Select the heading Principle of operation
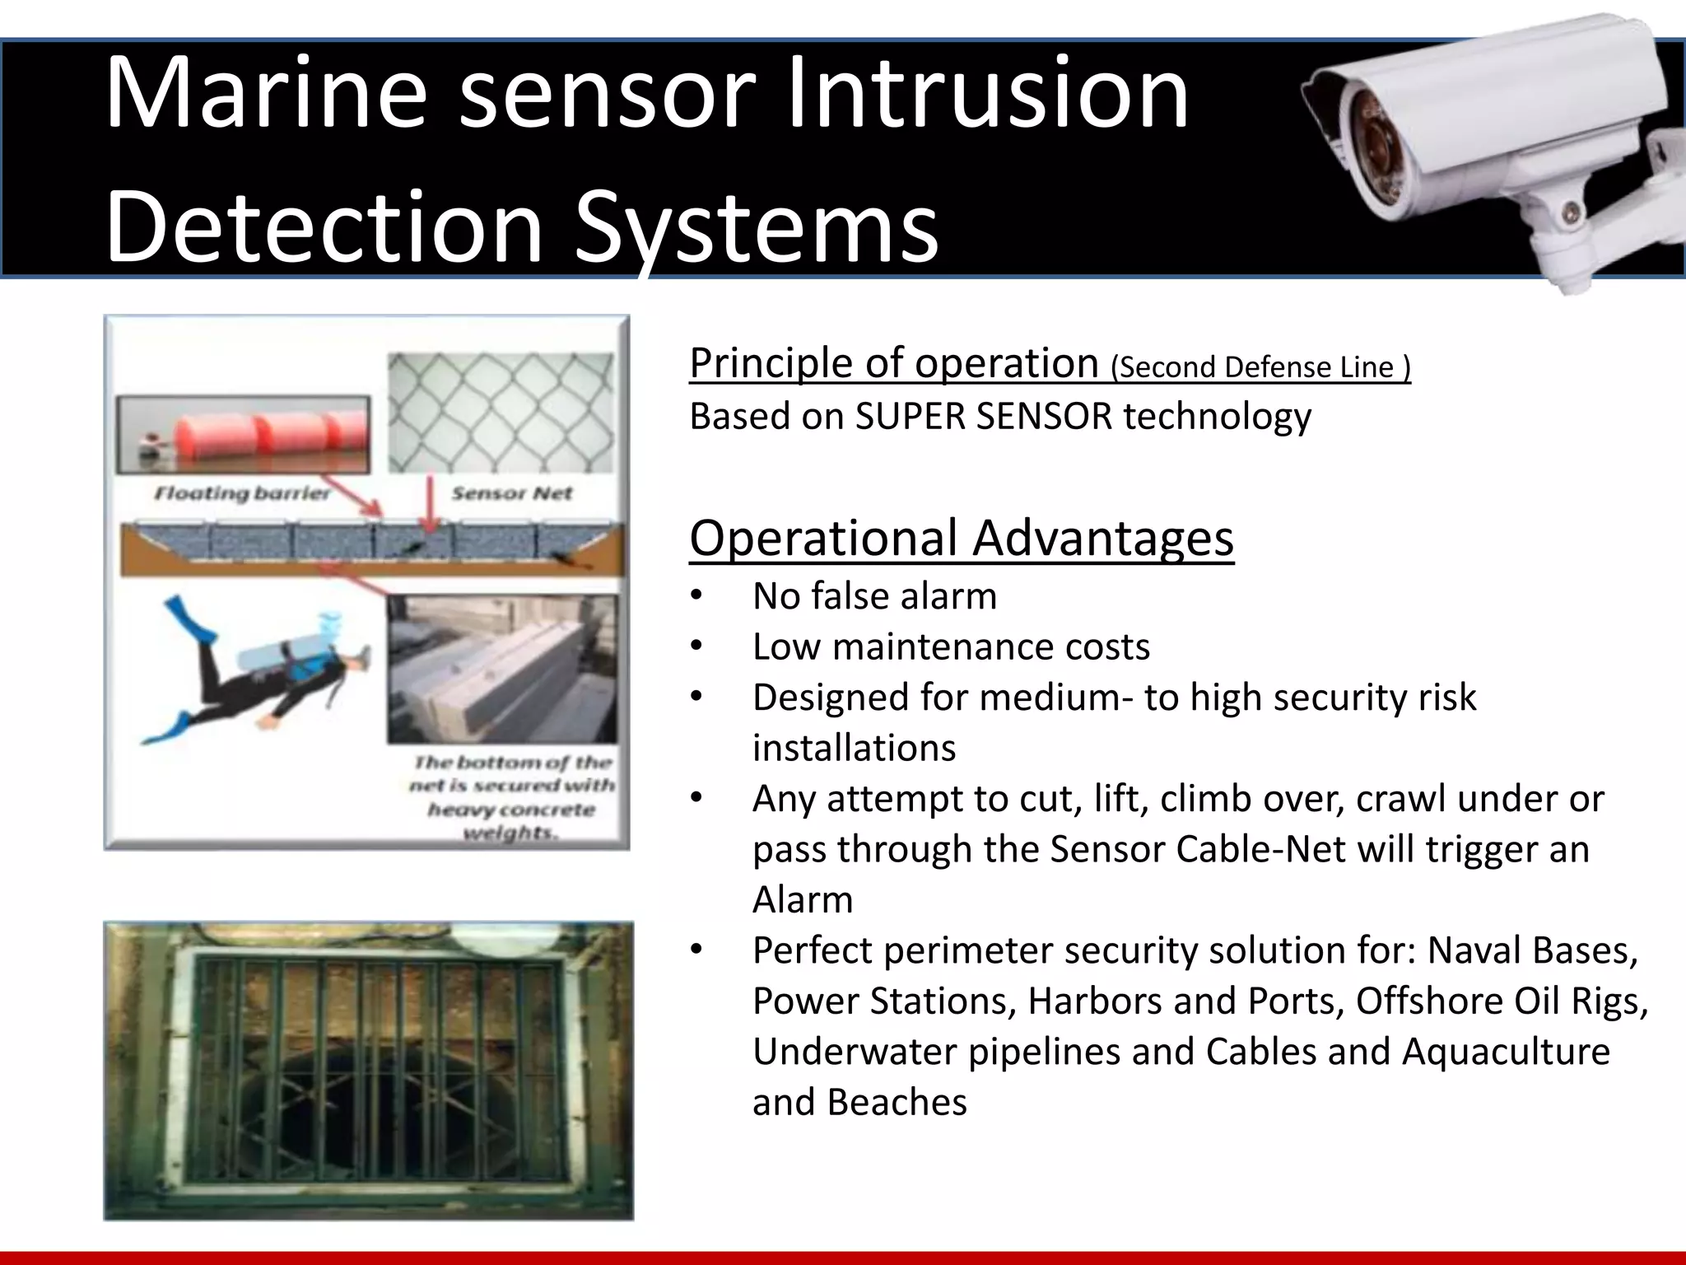click(x=893, y=363)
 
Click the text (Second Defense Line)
click(x=1260, y=367)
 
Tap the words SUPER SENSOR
click(x=983, y=416)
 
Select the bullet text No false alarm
click(x=873, y=595)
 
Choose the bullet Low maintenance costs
click(x=950, y=647)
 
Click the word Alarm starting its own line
click(x=803, y=899)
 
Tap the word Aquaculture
click(x=1506, y=1052)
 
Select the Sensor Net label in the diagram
click(x=511, y=493)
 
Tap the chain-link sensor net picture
click(x=501, y=413)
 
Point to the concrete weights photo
click(x=501, y=669)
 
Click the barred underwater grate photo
click(x=368, y=1070)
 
